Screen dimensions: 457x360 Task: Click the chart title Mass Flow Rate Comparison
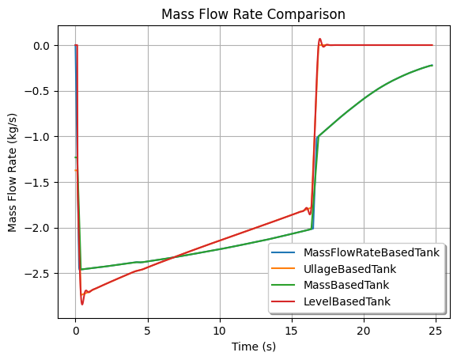[253, 14]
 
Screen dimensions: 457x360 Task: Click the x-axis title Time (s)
[254, 347]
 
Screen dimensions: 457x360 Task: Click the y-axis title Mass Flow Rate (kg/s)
[12, 172]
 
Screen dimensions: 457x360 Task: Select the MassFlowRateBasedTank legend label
[372, 252]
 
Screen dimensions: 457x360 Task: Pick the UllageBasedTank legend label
[349, 269]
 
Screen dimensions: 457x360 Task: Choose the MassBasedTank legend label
[346, 285]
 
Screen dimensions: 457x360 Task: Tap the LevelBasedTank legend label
[347, 301]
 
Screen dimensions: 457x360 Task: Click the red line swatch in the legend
[283, 301]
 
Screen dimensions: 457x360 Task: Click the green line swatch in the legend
[283, 286]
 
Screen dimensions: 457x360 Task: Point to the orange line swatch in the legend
[283, 269]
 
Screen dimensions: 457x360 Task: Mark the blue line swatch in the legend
[283, 252]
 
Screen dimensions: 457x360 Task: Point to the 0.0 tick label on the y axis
[41, 46]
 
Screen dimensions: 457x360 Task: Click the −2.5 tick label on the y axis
[37, 274]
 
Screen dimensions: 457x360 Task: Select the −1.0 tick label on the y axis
[37, 137]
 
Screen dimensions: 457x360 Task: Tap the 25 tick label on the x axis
[436, 331]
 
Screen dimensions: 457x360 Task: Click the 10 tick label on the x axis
[220, 331]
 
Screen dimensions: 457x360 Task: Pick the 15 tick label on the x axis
[292, 331]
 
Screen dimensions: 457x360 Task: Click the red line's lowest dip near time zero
[82, 305]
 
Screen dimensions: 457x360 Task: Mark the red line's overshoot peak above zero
[319, 39]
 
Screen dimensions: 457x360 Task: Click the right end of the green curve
[432, 66]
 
